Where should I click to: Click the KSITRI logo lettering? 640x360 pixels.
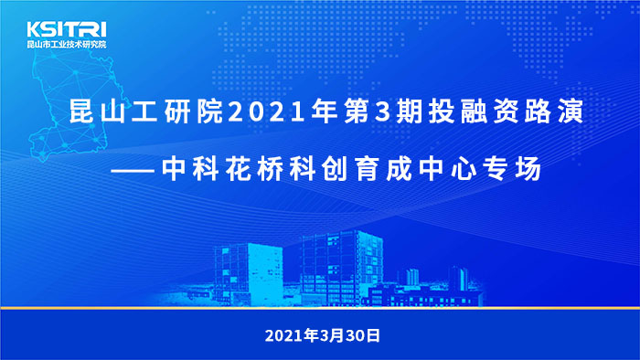tap(67, 29)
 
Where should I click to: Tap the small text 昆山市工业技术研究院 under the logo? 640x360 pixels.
tap(67, 44)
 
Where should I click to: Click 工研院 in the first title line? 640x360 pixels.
tap(183, 115)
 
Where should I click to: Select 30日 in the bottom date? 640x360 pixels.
tap(358, 334)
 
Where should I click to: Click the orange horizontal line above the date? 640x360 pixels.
tap(320, 310)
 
